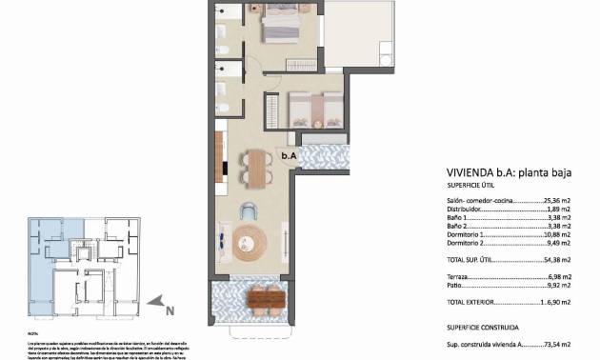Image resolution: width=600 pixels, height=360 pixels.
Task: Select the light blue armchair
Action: (x=250, y=211)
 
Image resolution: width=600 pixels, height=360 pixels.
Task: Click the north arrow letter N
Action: (x=169, y=309)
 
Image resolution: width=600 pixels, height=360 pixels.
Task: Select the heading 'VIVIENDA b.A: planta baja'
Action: (x=501, y=172)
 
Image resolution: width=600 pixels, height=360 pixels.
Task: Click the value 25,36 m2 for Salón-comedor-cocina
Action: (x=556, y=202)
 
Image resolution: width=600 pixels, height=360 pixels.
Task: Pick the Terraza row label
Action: (x=461, y=272)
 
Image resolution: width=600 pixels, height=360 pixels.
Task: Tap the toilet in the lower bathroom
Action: (x=221, y=89)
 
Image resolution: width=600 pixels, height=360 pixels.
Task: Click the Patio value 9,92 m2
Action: (x=557, y=283)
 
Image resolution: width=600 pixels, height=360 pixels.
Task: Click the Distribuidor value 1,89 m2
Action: (x=557, y=210)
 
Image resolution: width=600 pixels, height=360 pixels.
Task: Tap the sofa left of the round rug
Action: (x=223, y=243)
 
